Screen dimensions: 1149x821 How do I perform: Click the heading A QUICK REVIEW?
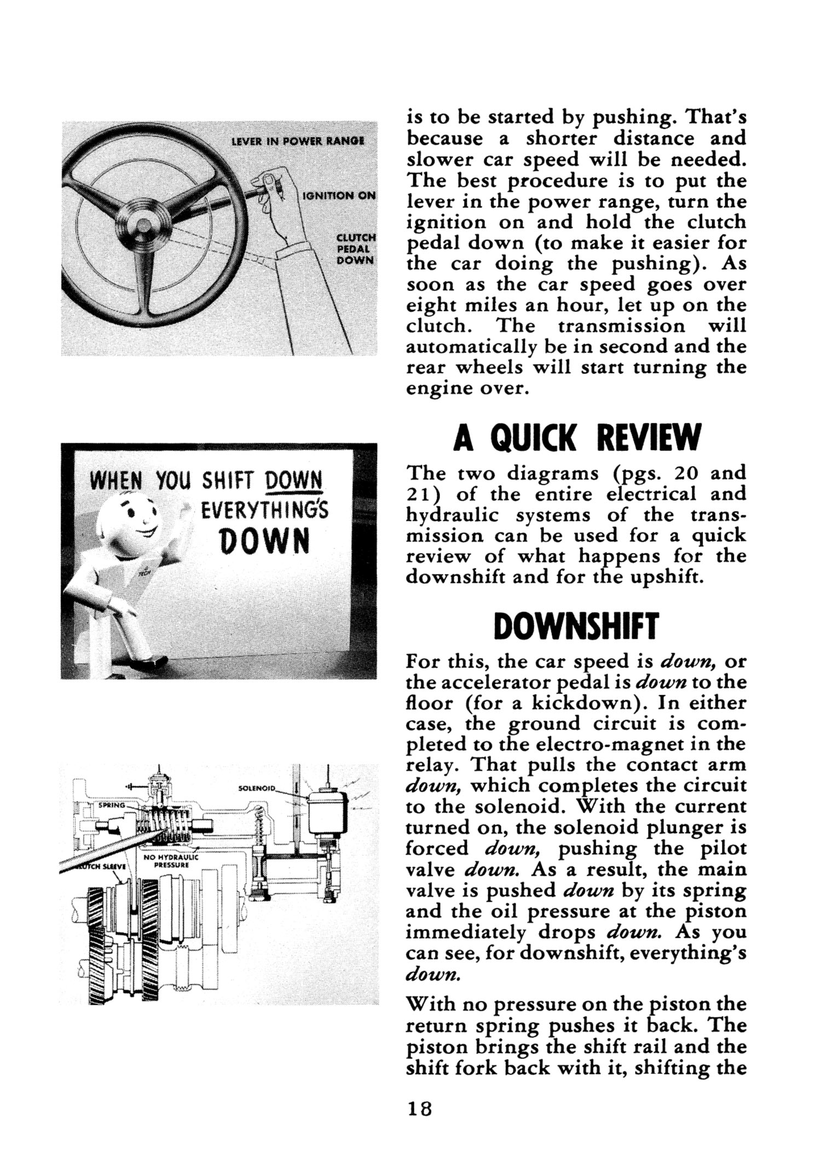(x=576, y=439)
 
